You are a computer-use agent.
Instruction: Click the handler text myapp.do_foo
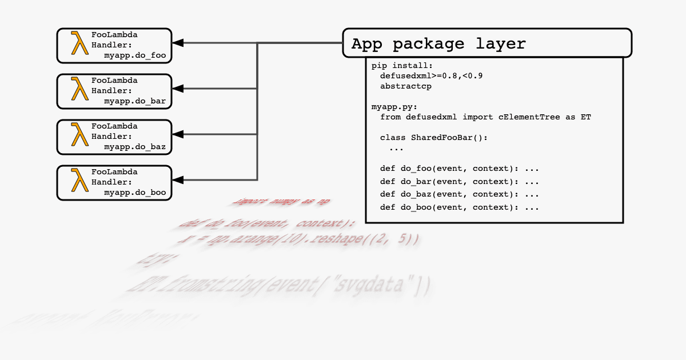point(135,55)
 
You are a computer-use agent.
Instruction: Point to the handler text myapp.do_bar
point(135,101)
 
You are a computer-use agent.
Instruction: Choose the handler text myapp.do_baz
point(135,147)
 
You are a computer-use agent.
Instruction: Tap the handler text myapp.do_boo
point(135,193)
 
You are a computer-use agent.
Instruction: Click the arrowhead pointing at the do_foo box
point(178,43)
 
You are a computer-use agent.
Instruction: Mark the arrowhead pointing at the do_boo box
point(178,180)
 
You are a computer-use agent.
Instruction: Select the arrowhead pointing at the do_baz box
point(178,134)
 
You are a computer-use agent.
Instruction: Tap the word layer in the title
point(501,44)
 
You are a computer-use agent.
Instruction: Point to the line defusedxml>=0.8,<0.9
point(432,75)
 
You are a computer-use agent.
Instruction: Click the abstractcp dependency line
point(406,86)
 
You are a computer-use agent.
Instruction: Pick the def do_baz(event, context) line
point(460,194)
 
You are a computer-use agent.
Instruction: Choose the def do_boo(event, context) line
point(460,207)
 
